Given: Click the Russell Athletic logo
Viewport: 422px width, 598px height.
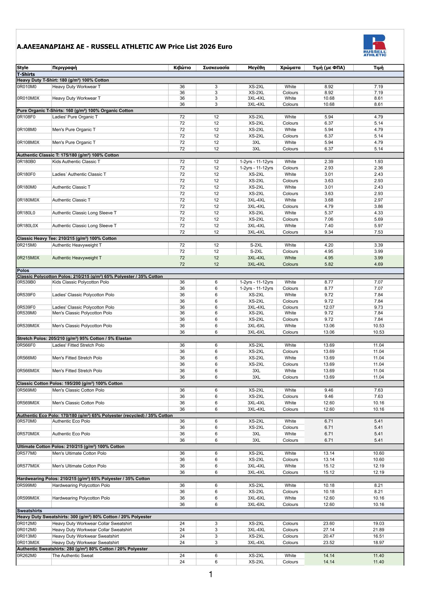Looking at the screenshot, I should (x=375, y=45).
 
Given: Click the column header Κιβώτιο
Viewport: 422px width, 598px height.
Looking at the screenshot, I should (x=182, y=68).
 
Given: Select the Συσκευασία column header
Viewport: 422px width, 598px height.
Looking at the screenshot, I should (x=216, y=68).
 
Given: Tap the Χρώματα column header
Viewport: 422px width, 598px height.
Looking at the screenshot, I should (x=290, y=68).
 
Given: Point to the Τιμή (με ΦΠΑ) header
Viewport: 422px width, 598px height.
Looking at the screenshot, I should (x=328, y=68).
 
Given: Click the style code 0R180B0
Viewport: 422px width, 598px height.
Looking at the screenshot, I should (x=26, y=162).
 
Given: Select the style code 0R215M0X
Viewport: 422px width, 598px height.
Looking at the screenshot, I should (x=28, y=258).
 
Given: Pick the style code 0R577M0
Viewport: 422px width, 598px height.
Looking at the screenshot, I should (x=27, y=453).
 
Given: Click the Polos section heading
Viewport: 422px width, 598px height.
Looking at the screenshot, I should (x=23, y=271).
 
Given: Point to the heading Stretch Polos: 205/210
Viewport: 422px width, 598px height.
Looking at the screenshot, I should (x=74, y=338).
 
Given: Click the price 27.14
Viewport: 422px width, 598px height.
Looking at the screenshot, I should (x=328, y=530).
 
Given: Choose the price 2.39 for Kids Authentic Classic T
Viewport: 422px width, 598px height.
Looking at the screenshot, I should (x=328, y=162).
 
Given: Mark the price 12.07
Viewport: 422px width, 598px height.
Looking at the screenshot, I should (x=328, y=307).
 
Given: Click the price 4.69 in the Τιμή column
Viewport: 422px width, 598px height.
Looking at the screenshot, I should (x=378, y=264).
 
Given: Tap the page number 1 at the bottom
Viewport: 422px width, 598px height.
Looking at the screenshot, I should (x=211, y=575).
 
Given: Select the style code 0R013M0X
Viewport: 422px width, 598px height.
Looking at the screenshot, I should (x=28, y=542).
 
